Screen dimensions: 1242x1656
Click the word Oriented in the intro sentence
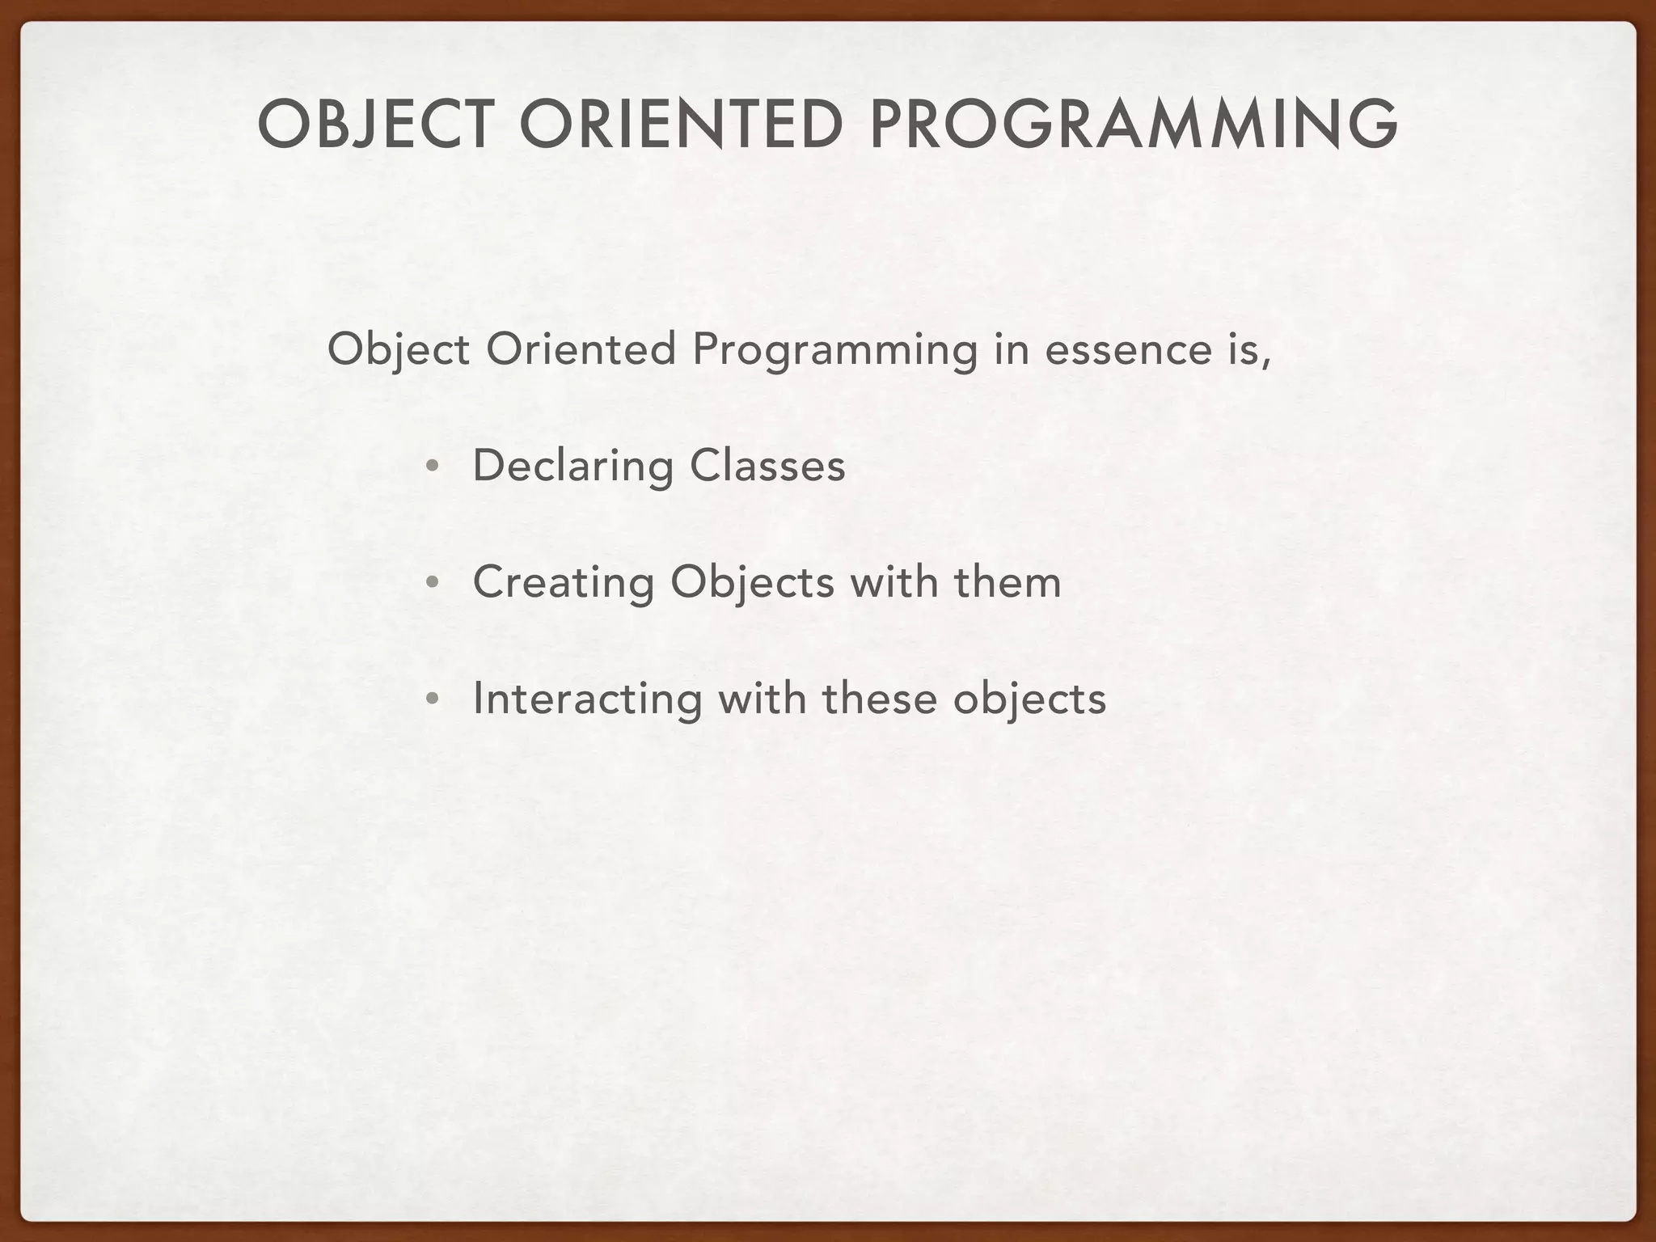[x=581, y=349]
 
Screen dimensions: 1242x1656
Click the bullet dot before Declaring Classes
[x=433, y=467]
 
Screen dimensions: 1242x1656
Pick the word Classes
[x=767, y=466]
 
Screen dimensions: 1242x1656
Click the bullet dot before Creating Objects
[x=433, y=583]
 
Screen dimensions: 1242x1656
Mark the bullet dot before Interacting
[x=433, y=699]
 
